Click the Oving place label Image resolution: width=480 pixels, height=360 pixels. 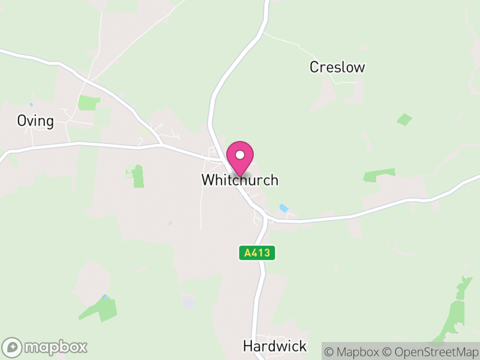click(x=35, y=121)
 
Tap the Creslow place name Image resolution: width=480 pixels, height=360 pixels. click(x=337, y=67)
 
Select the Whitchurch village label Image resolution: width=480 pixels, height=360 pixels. click(x=240, y=180)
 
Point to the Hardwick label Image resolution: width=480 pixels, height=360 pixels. click(x=275, y=346)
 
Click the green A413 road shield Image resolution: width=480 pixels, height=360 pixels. click(x=258, y=253)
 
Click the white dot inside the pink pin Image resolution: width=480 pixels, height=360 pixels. click(x=240, y=154)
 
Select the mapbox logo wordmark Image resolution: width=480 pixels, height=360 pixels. click(x=56, y=347)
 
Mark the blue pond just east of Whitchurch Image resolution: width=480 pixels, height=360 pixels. click(x=283, y=208)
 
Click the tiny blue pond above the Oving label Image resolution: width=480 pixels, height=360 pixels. click(x=31, y=105)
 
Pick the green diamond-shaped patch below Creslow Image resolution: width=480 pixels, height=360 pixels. click(x=404, y=119)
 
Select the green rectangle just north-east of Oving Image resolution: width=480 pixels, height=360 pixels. click(x=89, y=103)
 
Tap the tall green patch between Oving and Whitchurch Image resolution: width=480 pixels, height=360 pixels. click(x=138, y=176)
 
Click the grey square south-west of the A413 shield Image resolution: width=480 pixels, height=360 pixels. click(x=188, y=302)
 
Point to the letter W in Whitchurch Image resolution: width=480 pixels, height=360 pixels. click(x=208, y=180)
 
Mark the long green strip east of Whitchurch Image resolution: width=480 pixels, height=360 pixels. click(x=379, y=175)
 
